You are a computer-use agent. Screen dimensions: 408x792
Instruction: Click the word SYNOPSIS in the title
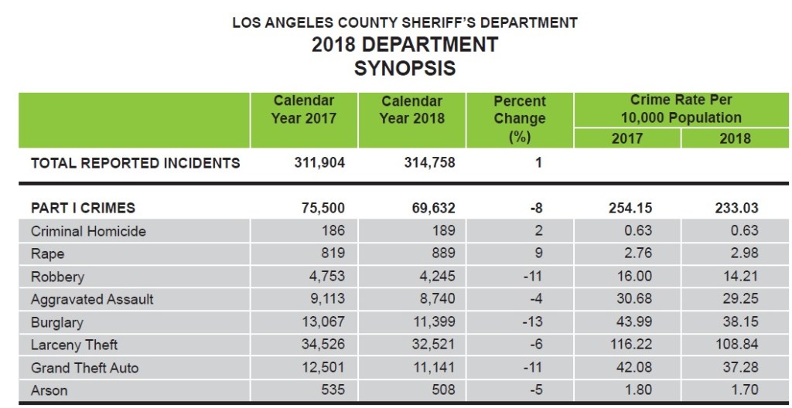click(405, 68)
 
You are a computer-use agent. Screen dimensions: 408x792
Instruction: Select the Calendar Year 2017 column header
click(303, 110)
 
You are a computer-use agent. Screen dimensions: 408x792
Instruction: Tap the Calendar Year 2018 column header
click(411, 110)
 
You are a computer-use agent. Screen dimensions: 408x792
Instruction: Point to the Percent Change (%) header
click(520, 119)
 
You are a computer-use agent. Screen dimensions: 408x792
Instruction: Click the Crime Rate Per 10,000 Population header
click(681, 109)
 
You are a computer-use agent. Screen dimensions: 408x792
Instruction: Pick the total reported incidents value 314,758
click(429, 163)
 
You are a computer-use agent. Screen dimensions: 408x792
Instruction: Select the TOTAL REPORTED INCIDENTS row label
click(135, 163)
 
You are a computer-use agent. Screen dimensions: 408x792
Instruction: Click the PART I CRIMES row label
click(83, 208)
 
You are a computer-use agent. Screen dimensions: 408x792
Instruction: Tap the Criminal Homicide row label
click(88, 231)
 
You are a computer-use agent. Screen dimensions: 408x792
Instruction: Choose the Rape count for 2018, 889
click(443, 253)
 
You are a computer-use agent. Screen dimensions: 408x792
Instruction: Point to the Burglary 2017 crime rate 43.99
click(633, 322)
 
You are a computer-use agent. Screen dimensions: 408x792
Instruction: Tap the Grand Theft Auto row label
click(85, 368)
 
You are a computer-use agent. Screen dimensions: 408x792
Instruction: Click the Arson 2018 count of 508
click(443, 390)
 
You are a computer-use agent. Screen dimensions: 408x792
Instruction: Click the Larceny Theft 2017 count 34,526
click(323, 345)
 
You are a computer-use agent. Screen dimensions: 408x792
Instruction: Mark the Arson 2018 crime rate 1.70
click(742, 390)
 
